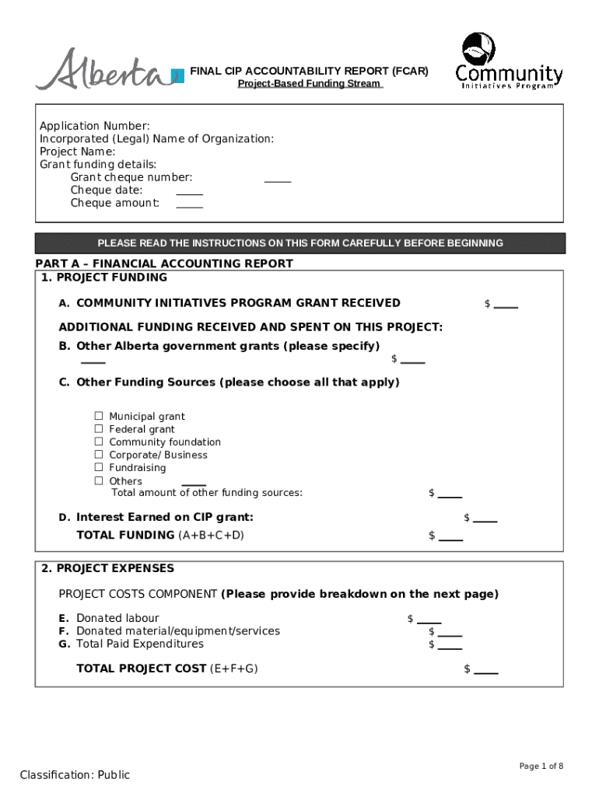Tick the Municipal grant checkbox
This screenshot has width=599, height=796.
pos(99,417)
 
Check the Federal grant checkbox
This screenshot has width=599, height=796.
pos(99,429)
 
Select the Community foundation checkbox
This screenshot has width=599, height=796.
pos(99,442)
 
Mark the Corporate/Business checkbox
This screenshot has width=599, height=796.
pos(99,455)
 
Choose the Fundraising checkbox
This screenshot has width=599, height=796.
pos(99,467)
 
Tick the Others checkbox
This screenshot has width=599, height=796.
pos(99,480)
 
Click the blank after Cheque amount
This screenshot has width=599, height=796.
pos(189,205)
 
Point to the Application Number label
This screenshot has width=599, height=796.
pos(95,126)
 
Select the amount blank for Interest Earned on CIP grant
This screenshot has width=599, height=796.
pos(485,520)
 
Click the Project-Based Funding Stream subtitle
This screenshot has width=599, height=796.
pos(310,84)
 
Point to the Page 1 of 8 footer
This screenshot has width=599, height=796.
pos(541,766)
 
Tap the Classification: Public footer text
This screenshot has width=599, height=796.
pos(75,775)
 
